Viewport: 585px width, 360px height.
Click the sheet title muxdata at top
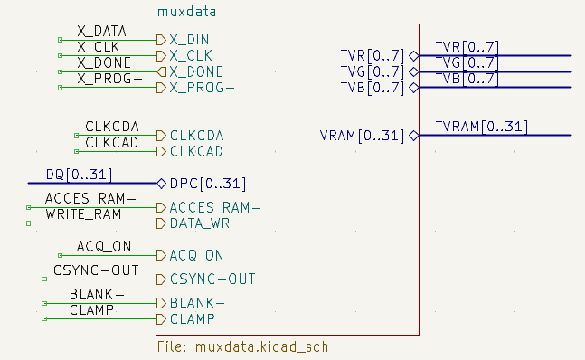click(x=192, y=12)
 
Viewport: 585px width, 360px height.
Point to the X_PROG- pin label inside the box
click(x=202, y=88)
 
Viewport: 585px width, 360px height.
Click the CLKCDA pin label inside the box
click(x=196, y=136)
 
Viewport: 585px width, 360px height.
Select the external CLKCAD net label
click(x=112, y=142)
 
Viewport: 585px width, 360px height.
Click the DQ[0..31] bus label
click(x=79, y=174)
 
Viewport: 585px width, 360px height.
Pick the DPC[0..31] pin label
click(x=208, y=183)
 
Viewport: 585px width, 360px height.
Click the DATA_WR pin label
click(x=200, y=223)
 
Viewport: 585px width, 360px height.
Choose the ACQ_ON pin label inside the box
click(x=196, y=255)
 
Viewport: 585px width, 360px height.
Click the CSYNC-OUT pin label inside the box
click(x=212, y=279)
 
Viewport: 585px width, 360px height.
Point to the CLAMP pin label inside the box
click(x=191, y=318)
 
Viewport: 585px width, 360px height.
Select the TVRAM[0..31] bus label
click(x=481, y=126)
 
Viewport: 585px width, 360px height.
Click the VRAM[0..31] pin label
click(x=362, y=136)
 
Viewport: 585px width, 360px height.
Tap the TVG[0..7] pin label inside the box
click(x=372, y=71)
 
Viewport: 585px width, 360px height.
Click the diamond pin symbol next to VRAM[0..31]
click(x=413, y=136)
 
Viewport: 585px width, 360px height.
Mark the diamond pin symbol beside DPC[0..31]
click(x=162, y=183)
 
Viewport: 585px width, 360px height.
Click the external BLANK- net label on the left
click(x=97, y=295)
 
